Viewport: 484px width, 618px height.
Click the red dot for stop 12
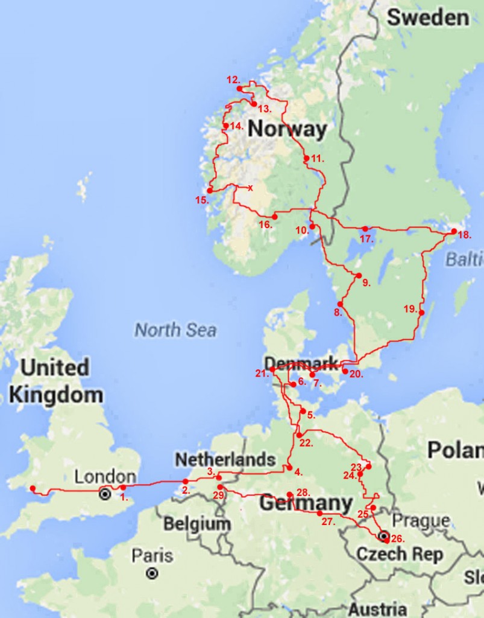point(239,88)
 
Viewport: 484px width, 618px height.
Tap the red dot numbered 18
point(454,231)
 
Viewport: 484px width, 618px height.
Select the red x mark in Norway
point(250,188)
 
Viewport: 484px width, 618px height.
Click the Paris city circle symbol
point(152,573)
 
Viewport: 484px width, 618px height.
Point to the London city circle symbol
point(105,494)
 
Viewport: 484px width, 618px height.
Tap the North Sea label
point(175,330)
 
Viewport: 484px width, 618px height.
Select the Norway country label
point(287,129)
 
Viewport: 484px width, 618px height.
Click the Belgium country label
point(197,524)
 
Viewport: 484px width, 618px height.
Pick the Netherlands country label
point(225,459)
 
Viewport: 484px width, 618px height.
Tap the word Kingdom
point(55,395)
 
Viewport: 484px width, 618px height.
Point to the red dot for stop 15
point(210,190)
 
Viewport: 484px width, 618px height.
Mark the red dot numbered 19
point(421,313)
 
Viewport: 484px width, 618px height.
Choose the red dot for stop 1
point(123,488)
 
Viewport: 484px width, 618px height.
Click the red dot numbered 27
point(319,513)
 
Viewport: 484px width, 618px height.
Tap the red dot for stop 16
point(274,216)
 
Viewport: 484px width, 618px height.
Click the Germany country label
point(306,503)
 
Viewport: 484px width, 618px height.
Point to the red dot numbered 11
point(306,158)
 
